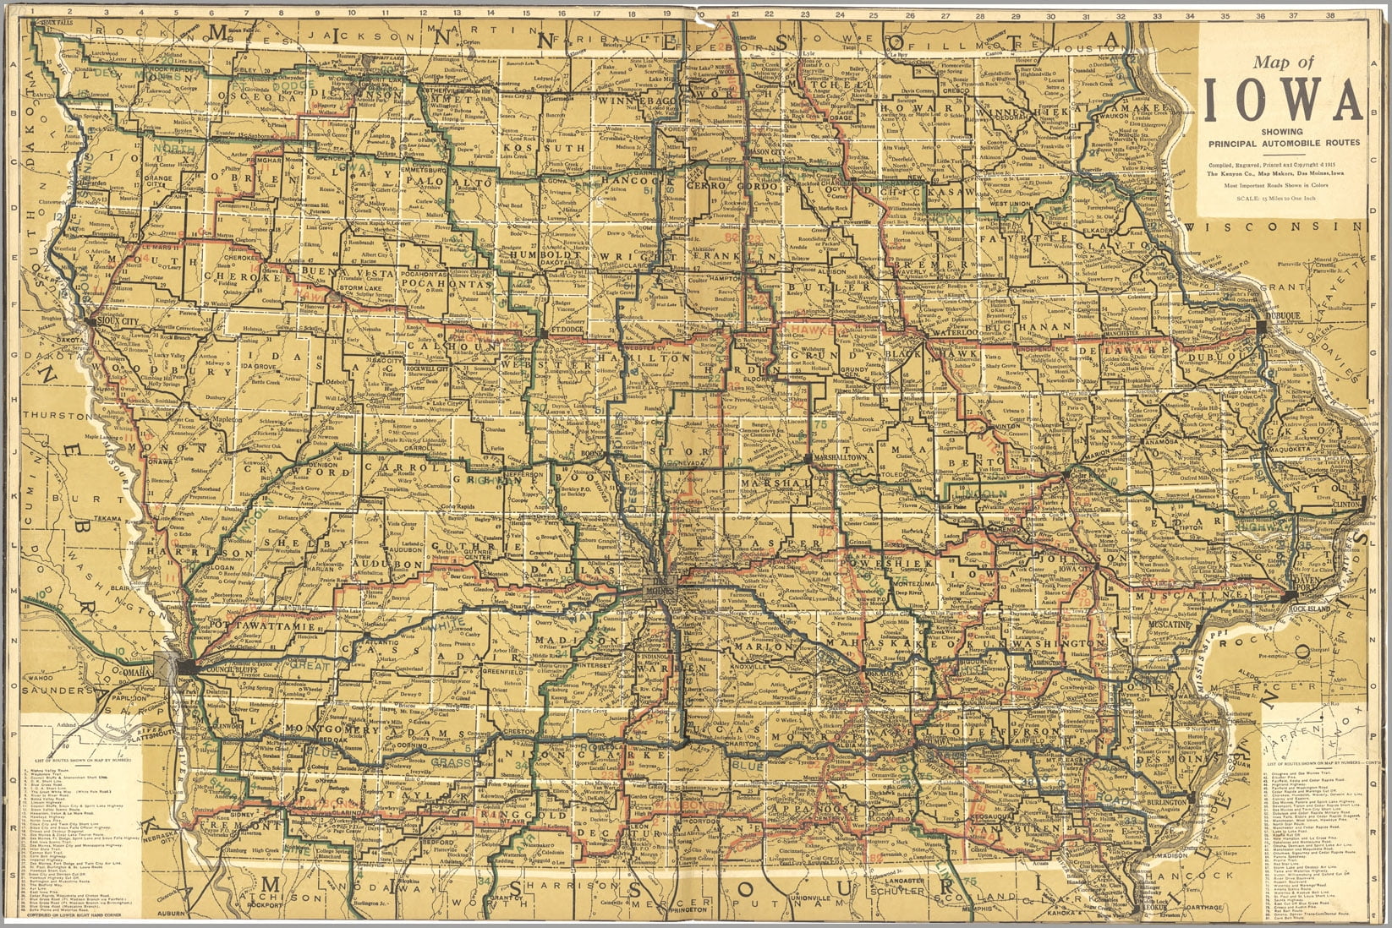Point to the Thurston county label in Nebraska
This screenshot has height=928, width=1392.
(x=51, y=415)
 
